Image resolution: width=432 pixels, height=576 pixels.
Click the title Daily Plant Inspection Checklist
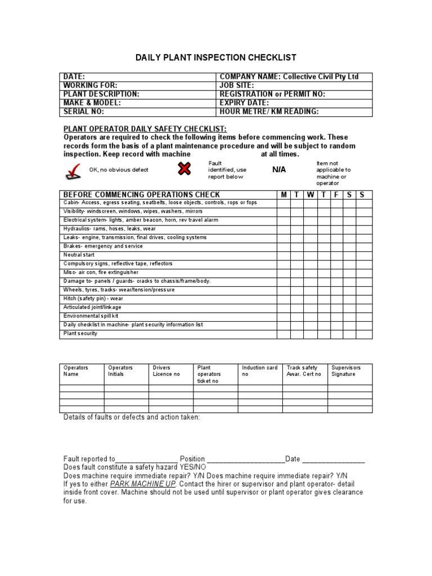pyautogui.click(x=216, y=58)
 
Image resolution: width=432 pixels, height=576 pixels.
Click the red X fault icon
pyautogui.click(x=184, y=168)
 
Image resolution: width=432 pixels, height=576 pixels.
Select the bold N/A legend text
pyautogui.click(x=279, y=169)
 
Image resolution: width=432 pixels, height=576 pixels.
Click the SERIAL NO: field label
pyautogui.click(x=84, y=112)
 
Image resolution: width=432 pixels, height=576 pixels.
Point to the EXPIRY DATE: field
pyautogui.click(x=244, y=103)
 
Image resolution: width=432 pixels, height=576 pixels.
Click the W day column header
pyautogui.click(x=310, y=195)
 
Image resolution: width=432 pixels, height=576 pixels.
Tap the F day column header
pyautogui.click(x=336, y=195)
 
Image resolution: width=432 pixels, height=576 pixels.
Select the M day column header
pyautogui.click(x=283, y=195)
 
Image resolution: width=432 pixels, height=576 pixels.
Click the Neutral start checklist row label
pyautogui.click(x=79, y=255)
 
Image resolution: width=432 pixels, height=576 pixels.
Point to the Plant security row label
pyautogui.click(x=80, y=334)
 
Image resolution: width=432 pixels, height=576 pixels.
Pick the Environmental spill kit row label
pyautogui.click(x=91, y=316)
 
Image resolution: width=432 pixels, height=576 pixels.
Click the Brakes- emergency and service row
pyautogui.click(x=103, y=246)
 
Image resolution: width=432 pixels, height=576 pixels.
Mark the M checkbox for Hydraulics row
pyautogui.click(x=283, y=229)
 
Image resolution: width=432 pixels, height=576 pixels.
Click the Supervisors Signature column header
pyautogui.click(x=346, y=371)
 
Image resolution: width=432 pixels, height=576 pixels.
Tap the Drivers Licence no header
pyautogui.click(x=166, y=371)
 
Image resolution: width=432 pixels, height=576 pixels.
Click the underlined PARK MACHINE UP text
pyautogui.click(x=143, y=484)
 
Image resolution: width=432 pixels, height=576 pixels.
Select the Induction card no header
pyautogui.click(x=259, y=371)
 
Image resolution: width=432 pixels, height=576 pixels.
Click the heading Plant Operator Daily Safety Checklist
pyautogui.click(x=145, y=129)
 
